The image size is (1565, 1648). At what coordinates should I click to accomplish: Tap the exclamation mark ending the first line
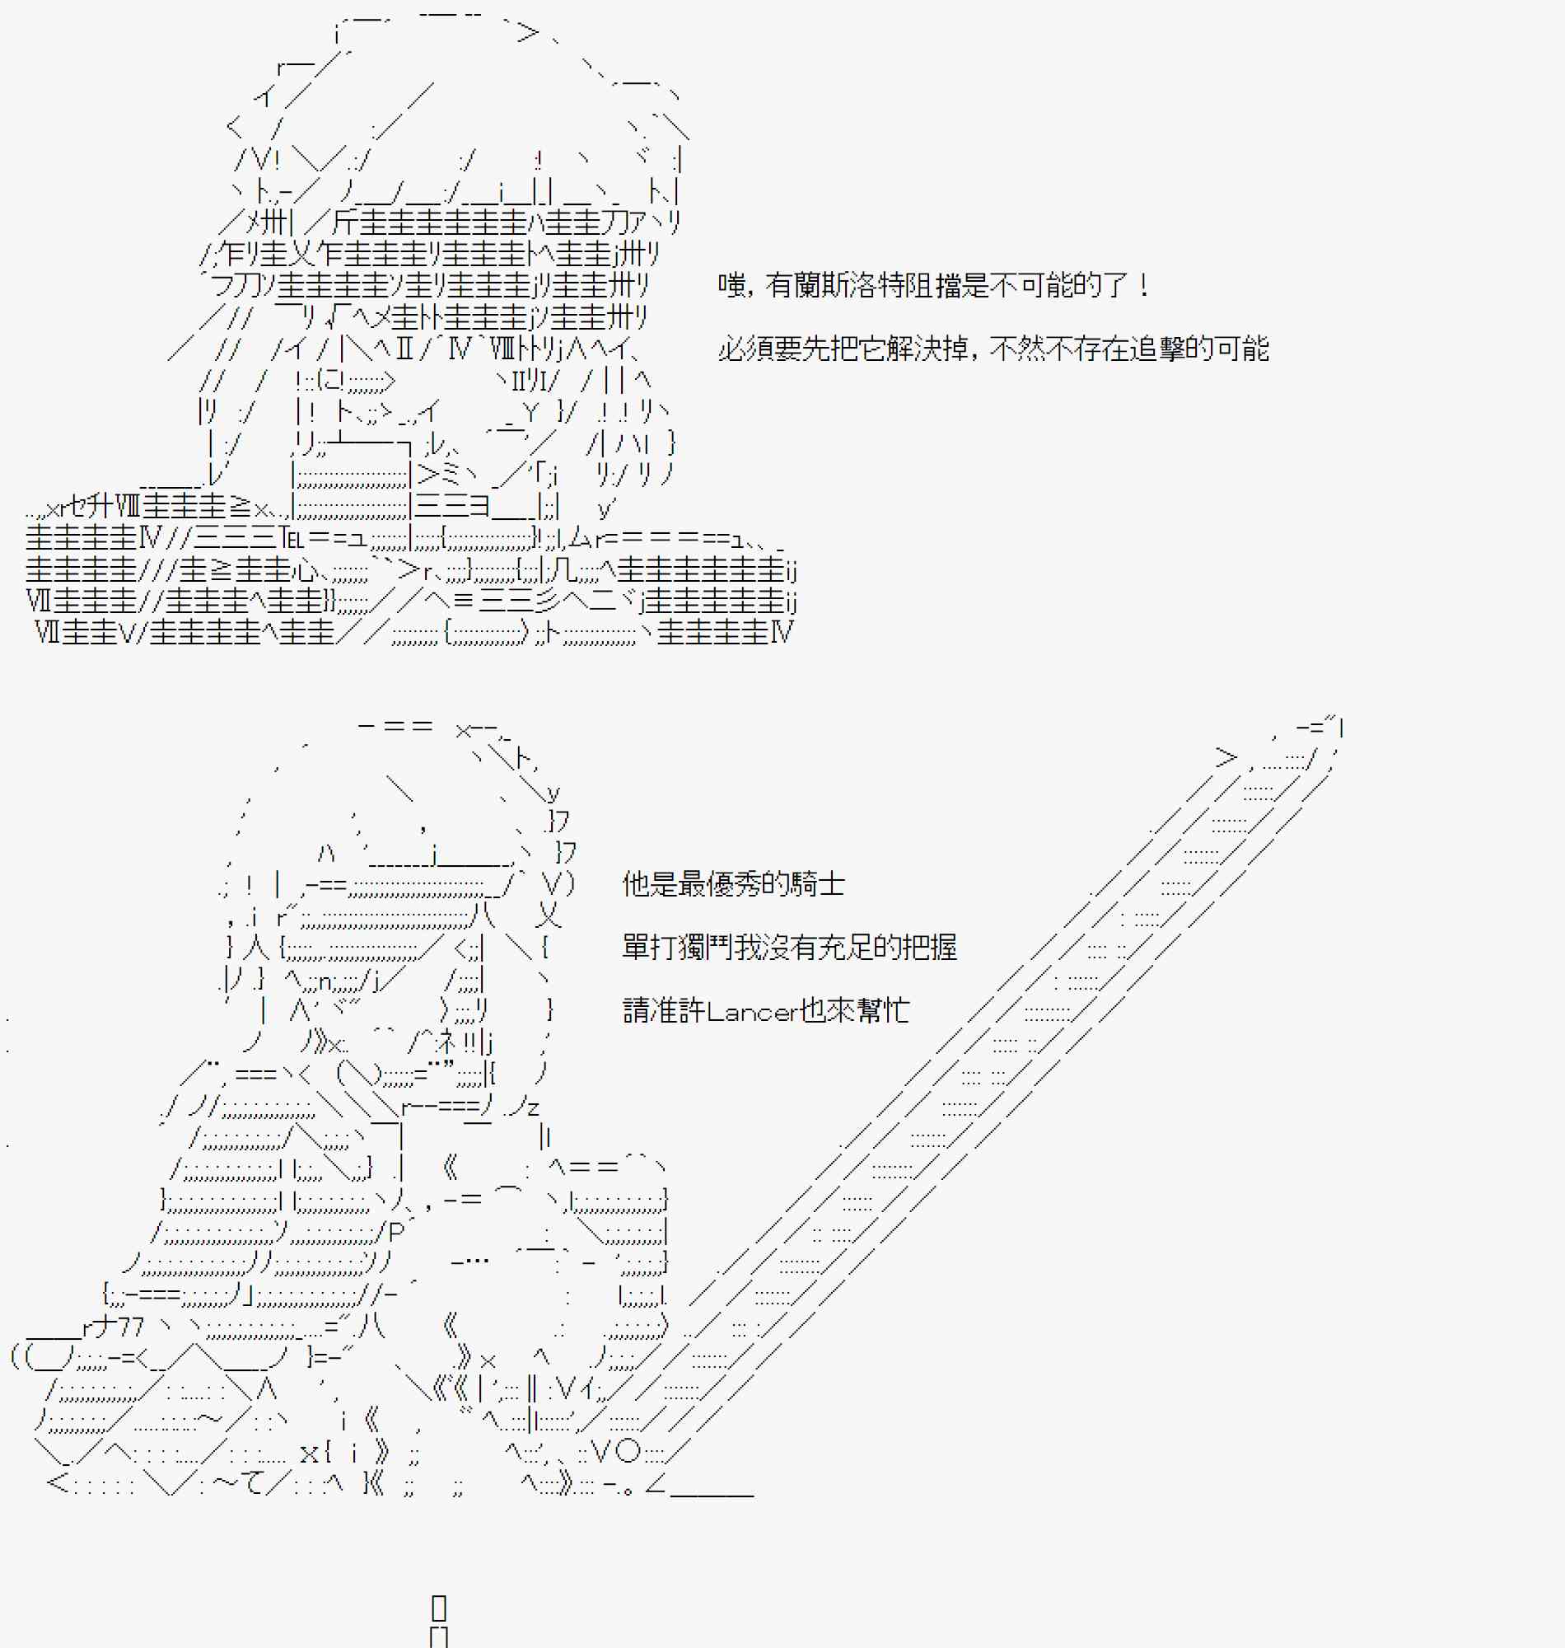1143,286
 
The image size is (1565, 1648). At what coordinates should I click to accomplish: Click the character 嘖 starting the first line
731,286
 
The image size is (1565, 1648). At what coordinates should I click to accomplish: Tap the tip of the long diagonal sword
1336,728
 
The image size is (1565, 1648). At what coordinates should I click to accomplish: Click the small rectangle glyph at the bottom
440,1606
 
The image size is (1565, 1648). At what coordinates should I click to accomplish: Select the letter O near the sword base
628,1453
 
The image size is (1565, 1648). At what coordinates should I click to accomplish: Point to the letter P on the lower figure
396,1232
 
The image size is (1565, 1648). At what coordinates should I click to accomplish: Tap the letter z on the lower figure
533,1108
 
